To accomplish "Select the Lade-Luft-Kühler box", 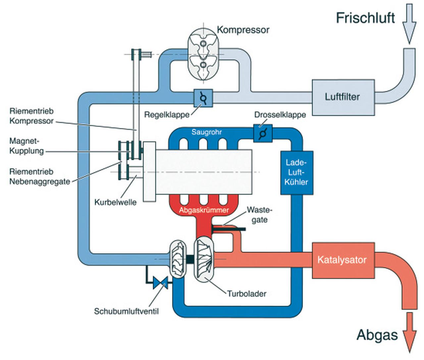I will coord(297,172).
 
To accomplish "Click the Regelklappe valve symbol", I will coord(202,98).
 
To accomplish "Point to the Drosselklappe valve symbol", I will coord(263,133).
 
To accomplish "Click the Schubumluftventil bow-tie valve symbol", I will coord(161,283).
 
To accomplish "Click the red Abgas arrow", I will coord(409,331).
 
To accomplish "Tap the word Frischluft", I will coord(365,18).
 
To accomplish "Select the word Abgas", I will coord(377,335).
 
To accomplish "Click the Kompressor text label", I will coord(243,30).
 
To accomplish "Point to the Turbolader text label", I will coord(246,294).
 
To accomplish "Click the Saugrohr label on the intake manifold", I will coord(206,132).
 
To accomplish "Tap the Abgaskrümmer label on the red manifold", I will coord(204,210).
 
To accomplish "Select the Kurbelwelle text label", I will coord(115,202).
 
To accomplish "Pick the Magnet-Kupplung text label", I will coord(26,146).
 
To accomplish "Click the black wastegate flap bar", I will coord(229,229).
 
